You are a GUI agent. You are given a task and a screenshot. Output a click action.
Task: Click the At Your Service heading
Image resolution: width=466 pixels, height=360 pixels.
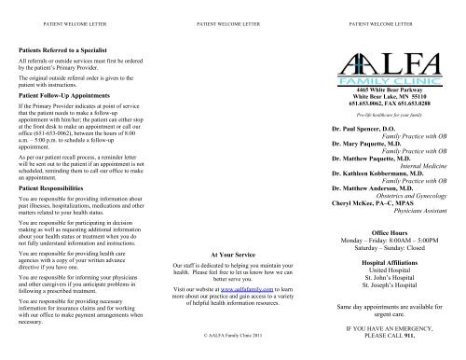232,253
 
